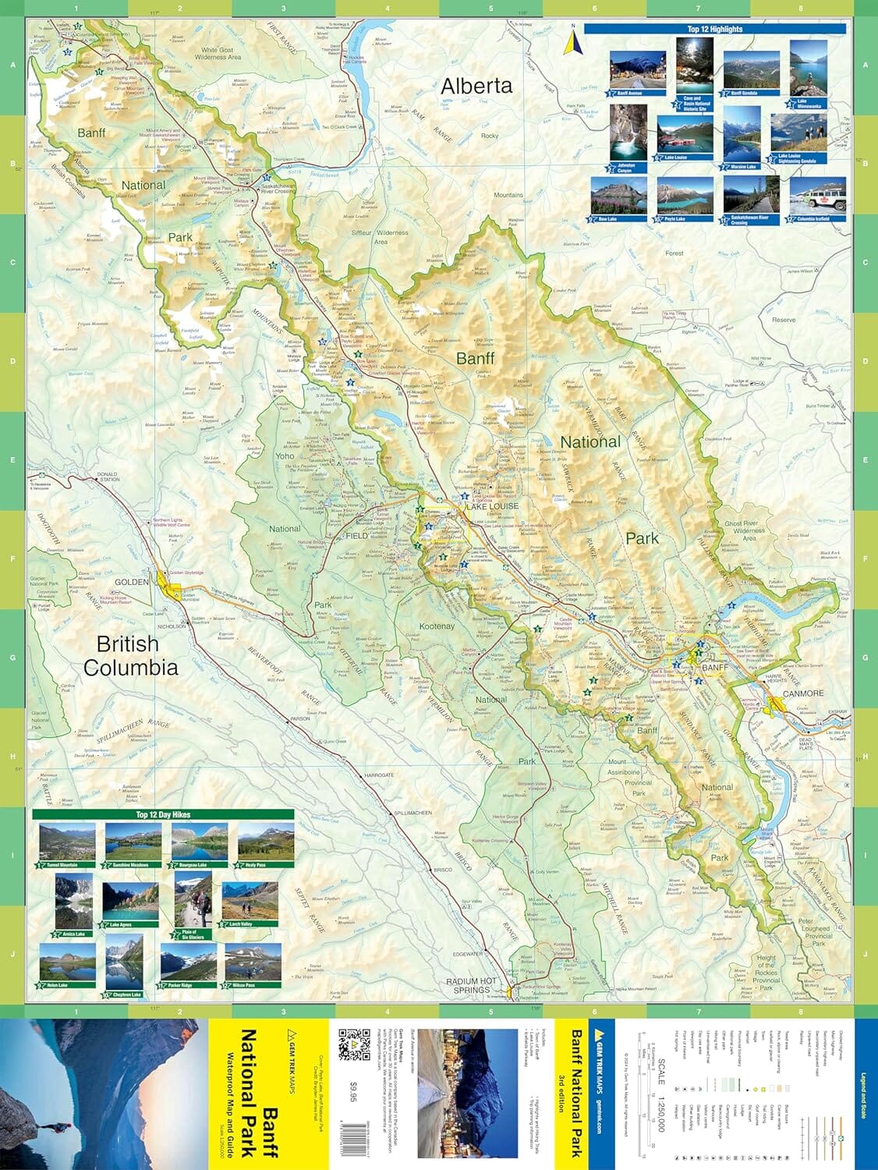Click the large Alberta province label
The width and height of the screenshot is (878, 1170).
476,86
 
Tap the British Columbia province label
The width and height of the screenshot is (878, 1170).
129,655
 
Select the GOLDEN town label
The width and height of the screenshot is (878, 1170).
132,582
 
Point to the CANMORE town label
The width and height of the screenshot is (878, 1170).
803,693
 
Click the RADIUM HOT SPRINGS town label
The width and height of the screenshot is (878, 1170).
472,986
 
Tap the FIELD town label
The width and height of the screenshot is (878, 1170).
356,536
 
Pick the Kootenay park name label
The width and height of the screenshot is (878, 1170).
437,626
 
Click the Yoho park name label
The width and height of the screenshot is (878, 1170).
285,456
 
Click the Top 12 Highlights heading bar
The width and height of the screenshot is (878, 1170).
714,29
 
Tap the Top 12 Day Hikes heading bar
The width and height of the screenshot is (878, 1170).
163,814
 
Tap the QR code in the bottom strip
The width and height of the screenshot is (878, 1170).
354,1045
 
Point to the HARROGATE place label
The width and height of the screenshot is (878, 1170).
379,775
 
